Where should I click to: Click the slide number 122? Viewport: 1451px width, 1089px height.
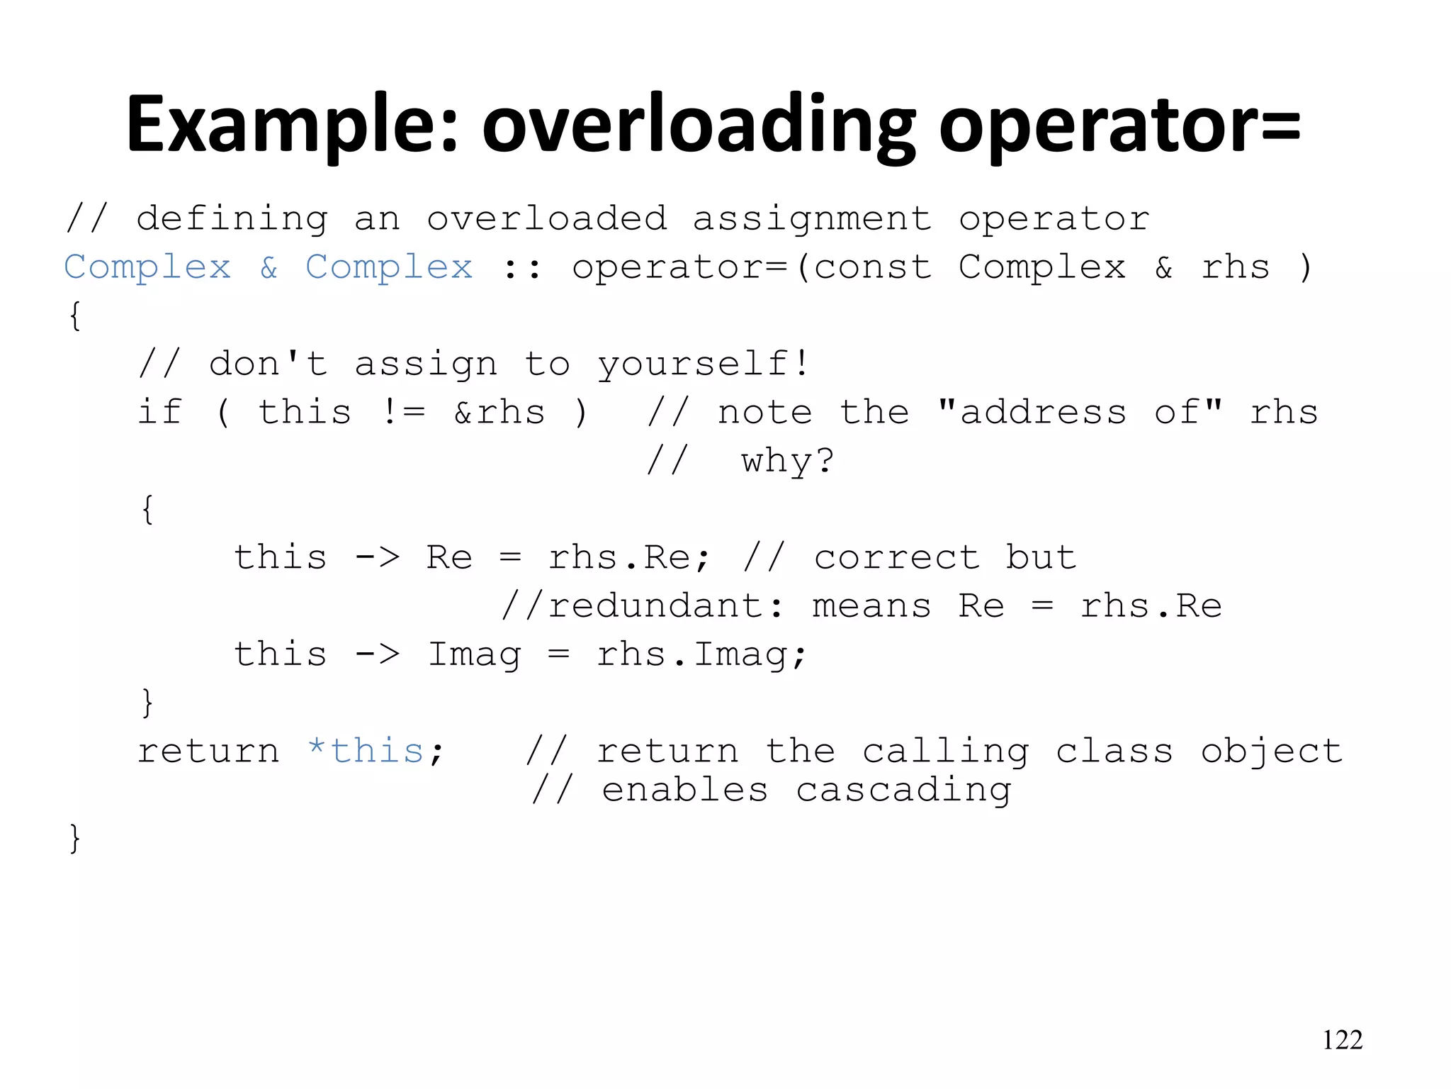point(1342,1040)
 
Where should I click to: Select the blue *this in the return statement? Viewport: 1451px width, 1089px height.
point(366,751)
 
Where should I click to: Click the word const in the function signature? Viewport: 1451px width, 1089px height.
point(872,268)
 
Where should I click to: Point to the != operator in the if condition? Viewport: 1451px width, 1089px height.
point(403,413)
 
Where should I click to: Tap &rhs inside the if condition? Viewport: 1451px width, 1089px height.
point(499,413)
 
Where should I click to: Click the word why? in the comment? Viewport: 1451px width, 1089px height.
point(788,461)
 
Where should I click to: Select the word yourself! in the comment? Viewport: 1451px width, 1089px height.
point(703,364)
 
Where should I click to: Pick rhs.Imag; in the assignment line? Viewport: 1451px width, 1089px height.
point(701,654)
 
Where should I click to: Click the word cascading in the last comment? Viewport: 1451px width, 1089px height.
point(903,791)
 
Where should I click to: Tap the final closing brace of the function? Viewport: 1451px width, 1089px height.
point(74,838)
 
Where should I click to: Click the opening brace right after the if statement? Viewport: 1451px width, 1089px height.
point(147,509)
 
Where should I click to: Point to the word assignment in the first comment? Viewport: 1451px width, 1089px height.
point(812,219)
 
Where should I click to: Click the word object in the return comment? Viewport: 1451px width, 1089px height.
point(1272,752)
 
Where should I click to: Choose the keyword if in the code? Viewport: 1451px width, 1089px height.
point(159,413)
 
